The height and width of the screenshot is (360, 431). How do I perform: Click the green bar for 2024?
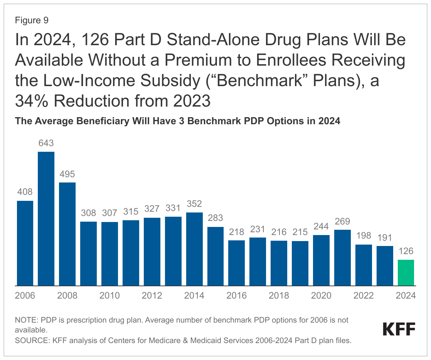click(406, 272)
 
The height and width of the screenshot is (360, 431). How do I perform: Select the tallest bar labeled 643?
click(46, 218)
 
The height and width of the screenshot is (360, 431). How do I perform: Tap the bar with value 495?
click(67, 234)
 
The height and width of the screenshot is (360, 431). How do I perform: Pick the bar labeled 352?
click(194, 249)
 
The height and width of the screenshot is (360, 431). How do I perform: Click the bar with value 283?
click(215, 256)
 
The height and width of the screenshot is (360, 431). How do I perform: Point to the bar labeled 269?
click(342, 257)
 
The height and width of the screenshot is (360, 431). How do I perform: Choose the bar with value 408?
click(25, 243)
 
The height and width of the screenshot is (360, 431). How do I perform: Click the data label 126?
click(406, 251)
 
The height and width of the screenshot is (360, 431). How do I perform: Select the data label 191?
click(385, 238)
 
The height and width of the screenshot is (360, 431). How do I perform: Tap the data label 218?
click(237, 232)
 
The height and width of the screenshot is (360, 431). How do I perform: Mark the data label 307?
click(110, 213)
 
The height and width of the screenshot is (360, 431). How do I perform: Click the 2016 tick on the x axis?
click(237, 295)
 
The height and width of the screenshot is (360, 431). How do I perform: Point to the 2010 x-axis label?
click(110, 295)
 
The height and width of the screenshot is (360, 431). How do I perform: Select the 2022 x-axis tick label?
click(364, 295)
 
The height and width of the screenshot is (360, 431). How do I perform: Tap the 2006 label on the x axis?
click(25, 295)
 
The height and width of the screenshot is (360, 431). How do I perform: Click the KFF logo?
click(399, 329)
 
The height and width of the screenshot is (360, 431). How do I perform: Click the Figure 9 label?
click(31, 20)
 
